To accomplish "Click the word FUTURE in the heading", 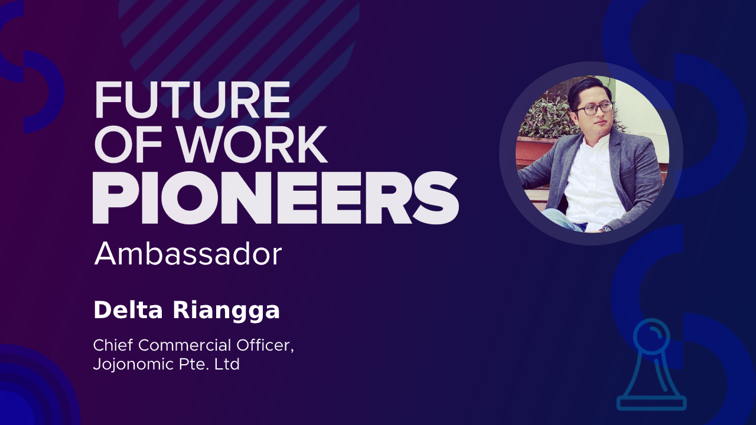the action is (x=193, y=100).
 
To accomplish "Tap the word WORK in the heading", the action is (x=252, y=145).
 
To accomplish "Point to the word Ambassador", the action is (x=188, y=254).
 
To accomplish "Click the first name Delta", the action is (x=129, y=310).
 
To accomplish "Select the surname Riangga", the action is (x=226, y=311).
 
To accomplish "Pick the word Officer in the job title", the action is (x=265, y=346).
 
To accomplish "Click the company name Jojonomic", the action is (x=133, y=365).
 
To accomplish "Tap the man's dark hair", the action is (x=587, y=89).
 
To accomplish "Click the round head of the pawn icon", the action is (x=651, y=336).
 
